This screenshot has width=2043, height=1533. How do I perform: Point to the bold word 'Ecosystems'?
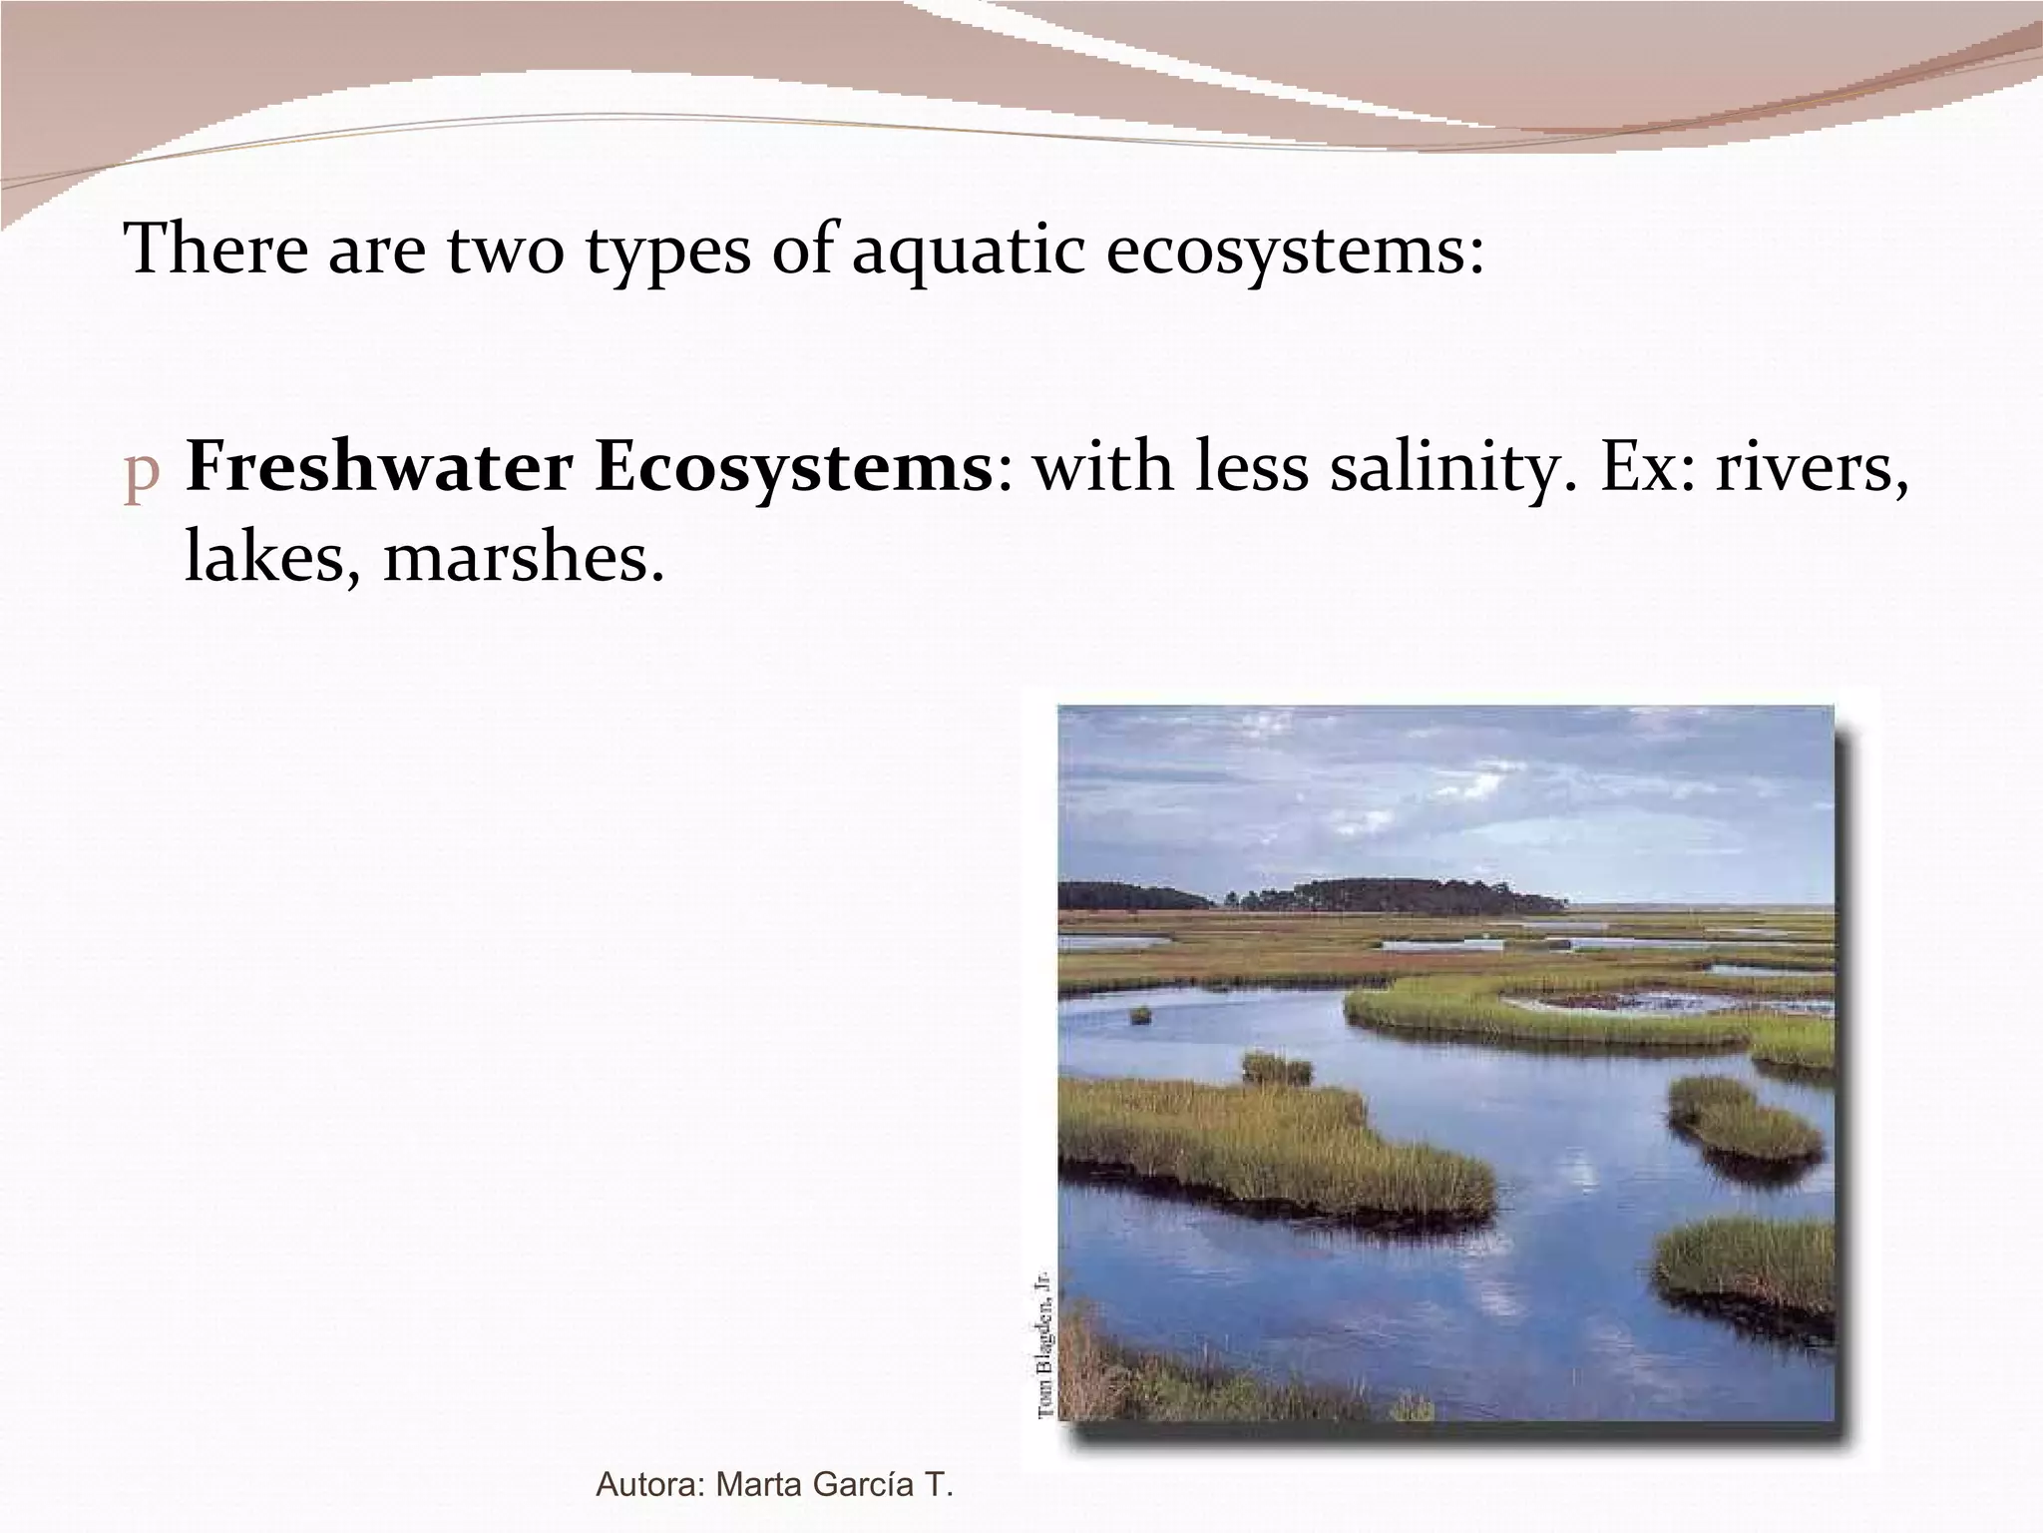pyautogui.click(x=793, y=467)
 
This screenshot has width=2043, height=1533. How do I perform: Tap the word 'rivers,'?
pyautogui.click(x=1811, y=467)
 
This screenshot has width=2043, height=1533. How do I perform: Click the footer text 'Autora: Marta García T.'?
pyautogui.click(x=774, y=1484)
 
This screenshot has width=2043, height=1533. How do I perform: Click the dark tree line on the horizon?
pyautogui.click(x=1397, y=894)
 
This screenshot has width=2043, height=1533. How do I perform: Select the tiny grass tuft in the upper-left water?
pyautogui.click(x=1140, y=1015)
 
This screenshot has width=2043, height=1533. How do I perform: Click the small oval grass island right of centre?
pyautogui.click(x=1744, y=1118)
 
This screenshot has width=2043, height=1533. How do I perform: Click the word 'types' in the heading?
pyautogui.click(x=666, y=252)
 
